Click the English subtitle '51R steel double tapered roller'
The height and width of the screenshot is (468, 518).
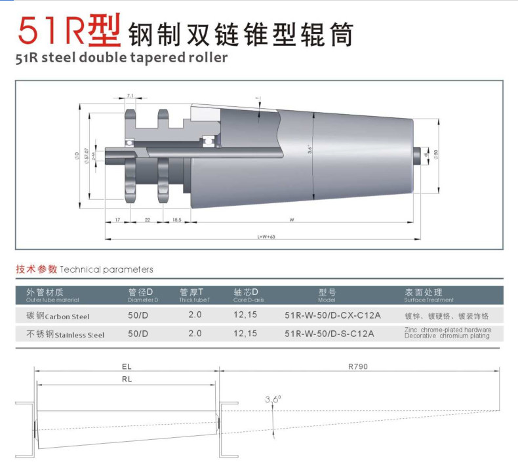click(x=121, y=57)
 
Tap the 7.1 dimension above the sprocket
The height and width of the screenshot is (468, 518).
click(x=130, y=96)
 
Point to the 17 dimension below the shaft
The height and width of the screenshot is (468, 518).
click(x=117, y=220)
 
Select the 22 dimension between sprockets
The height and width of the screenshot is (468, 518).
click(x=148, y=220)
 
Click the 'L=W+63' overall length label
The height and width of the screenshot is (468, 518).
click(x=266, y=236)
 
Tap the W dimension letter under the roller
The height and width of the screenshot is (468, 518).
click(x=291, y=220)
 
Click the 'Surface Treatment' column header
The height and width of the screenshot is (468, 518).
click(x=429, y=296)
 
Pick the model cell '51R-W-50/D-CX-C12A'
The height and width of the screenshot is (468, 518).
click(x=332, y=315)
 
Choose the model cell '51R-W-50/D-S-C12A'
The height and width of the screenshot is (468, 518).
click(x=329, y=334)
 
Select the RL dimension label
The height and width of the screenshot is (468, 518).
click(x=127, y=380)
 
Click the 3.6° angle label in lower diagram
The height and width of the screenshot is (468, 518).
click(x=273, y=399)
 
